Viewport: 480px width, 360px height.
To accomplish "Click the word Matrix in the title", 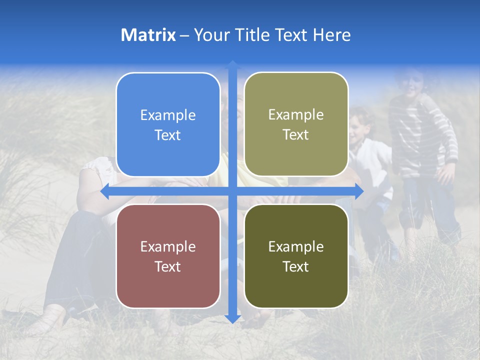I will (148, 35).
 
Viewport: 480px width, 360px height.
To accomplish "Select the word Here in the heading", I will (331, 35).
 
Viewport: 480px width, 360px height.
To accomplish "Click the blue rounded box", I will (168, 125).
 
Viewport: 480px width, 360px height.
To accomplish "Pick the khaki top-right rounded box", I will (296, 124).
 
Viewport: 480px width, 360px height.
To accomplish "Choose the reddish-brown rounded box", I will (168, 256).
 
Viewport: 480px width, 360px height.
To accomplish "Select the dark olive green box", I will (296, 256).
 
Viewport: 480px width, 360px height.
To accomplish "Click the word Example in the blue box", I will (168, 115).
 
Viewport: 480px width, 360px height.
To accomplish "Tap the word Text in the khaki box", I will (296, 135).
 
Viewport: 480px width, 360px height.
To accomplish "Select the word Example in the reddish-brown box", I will (168, 246).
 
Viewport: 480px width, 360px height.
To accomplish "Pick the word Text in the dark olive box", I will (296, 267).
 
